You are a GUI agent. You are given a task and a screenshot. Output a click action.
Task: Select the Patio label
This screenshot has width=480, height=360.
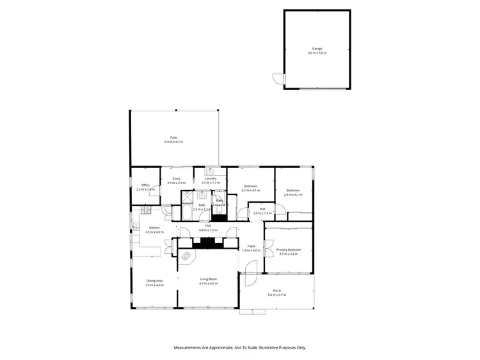point(173,137)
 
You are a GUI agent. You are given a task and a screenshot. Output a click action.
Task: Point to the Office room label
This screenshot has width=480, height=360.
point(145,185)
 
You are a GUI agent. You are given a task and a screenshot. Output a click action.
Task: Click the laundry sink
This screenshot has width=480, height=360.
point(209,171)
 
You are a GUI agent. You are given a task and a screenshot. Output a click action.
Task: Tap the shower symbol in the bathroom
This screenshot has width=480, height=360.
point(188,198)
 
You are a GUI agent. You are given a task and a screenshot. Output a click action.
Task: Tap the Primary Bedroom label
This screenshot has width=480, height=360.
point(289,249)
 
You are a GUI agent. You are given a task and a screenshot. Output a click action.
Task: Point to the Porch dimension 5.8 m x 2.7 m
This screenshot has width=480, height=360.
point(276,295)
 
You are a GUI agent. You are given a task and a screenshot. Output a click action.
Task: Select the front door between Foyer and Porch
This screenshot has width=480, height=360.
point(248,279)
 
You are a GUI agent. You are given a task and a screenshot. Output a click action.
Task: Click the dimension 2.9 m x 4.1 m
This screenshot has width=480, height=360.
point(293,195)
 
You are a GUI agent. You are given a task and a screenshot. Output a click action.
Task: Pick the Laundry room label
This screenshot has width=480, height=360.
point(211,178)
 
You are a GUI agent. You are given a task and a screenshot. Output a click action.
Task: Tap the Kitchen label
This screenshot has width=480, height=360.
point(154,228)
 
